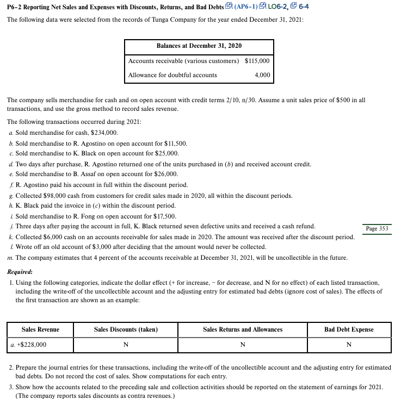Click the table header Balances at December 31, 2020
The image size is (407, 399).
tap(199, 46)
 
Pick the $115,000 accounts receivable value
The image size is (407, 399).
tap(257, 61)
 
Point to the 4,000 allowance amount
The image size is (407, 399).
tap(262, 75)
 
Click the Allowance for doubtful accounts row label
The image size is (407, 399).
tap(172, 75)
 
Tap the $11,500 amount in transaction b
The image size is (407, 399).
tap(175, 144)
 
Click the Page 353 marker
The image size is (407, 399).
tap(377, 228)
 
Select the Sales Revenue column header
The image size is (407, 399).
tap(40, 329)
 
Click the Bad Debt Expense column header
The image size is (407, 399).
tap(349, 329)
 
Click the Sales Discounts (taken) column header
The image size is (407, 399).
tap(126, 329)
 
